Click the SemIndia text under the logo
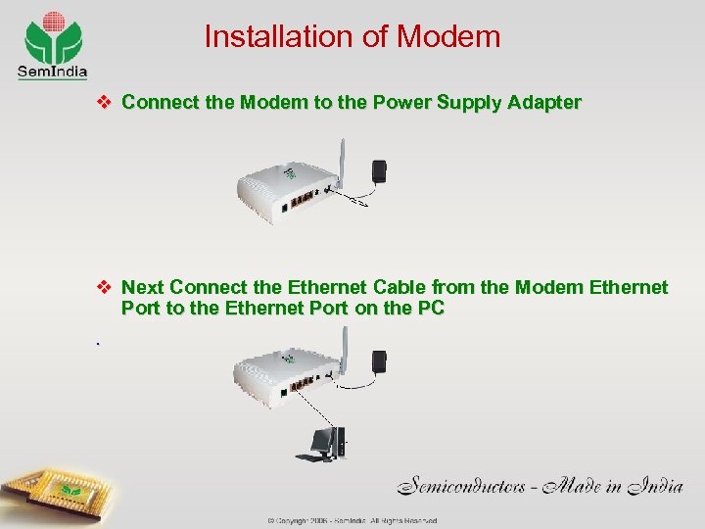pos(52,71)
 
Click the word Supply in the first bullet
pos(469,102)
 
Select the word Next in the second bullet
pos(143,288)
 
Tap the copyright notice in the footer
pos(352,520)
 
